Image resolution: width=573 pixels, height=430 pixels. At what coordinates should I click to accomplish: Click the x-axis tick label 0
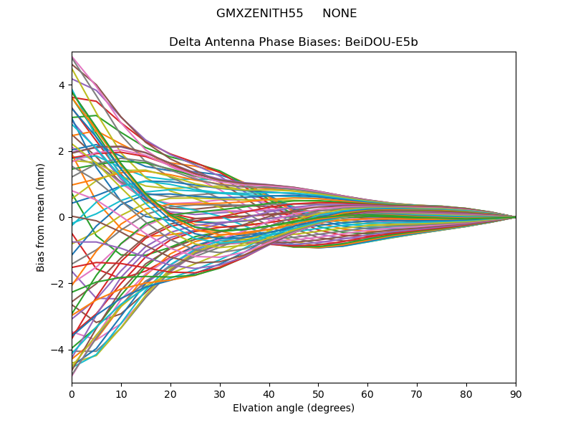pos(72,393)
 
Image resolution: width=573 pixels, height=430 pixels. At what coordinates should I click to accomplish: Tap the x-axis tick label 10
pos(121,393)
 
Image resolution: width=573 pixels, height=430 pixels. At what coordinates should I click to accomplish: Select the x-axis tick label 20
pos(170,393)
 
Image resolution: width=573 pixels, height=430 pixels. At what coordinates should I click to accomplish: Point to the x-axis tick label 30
pos(220,393)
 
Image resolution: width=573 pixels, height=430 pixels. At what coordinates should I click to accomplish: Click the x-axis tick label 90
pos(516,393)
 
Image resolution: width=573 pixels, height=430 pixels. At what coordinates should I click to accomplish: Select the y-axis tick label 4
pos(62,85)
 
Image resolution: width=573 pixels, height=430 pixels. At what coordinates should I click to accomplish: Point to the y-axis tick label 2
pos(62,151)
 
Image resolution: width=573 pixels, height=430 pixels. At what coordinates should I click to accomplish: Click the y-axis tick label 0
pos(62,217)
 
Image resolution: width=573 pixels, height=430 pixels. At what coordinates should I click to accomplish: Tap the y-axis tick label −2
pos(59,284)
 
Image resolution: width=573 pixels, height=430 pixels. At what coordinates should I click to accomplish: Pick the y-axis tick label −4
pos(59,350)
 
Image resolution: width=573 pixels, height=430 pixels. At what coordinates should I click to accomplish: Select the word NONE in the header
pos(340,14)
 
